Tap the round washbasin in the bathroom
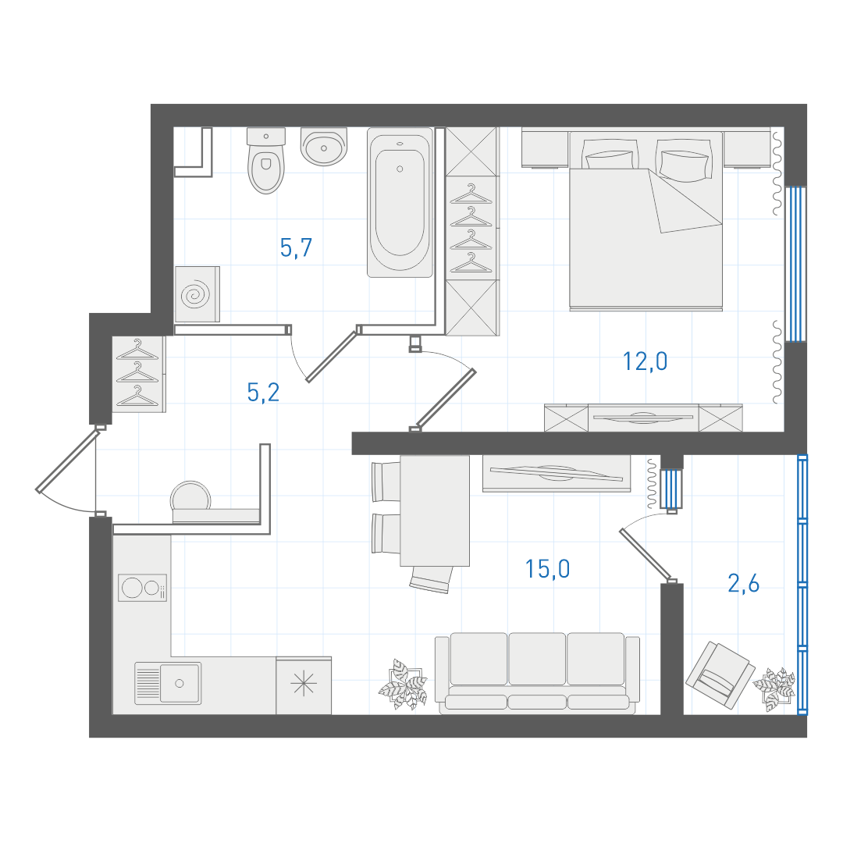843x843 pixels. click(x=324, y=146)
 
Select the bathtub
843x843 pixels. click(x=400, y=202)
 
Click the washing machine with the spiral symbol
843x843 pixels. click(x=197, y=294)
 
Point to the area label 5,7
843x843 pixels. click(x=296, y=248)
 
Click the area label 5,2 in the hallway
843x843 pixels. click(x=263, y=393)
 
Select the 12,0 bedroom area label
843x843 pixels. click(x=645, y=361)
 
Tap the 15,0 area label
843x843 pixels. click(x=547, y=569)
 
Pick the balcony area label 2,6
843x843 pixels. click(x=744, y=583)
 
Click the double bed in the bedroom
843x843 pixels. click(x=646, y=221)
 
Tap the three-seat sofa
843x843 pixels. click(x=537, y=673)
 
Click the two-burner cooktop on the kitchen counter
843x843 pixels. click(x=143, y=588)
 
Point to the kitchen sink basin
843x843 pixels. click(x=180, y=683)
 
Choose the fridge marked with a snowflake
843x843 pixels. click(x=304, y=685)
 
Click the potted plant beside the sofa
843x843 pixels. click(x=403, y=684)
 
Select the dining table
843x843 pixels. click(x=435, y=510)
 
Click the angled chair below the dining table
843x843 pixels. click(x=431, y=579)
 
